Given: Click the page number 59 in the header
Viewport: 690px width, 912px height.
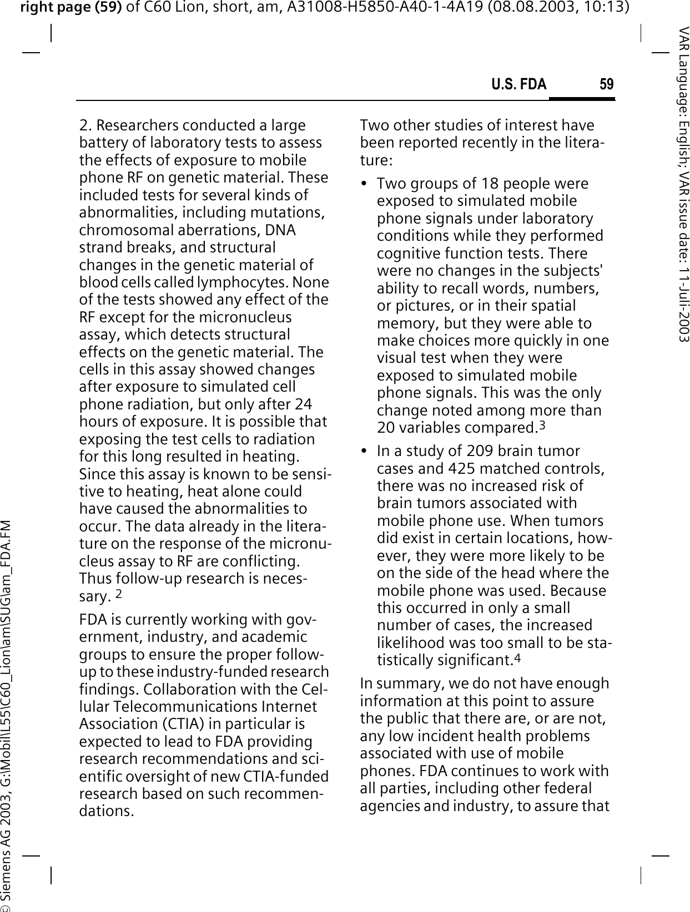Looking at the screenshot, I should click(x=607, y=84).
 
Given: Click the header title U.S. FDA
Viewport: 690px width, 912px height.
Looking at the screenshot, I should click(x=518, y=84).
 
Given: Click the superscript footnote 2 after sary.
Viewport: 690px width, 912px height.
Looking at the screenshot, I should click(x=119, y=595).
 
